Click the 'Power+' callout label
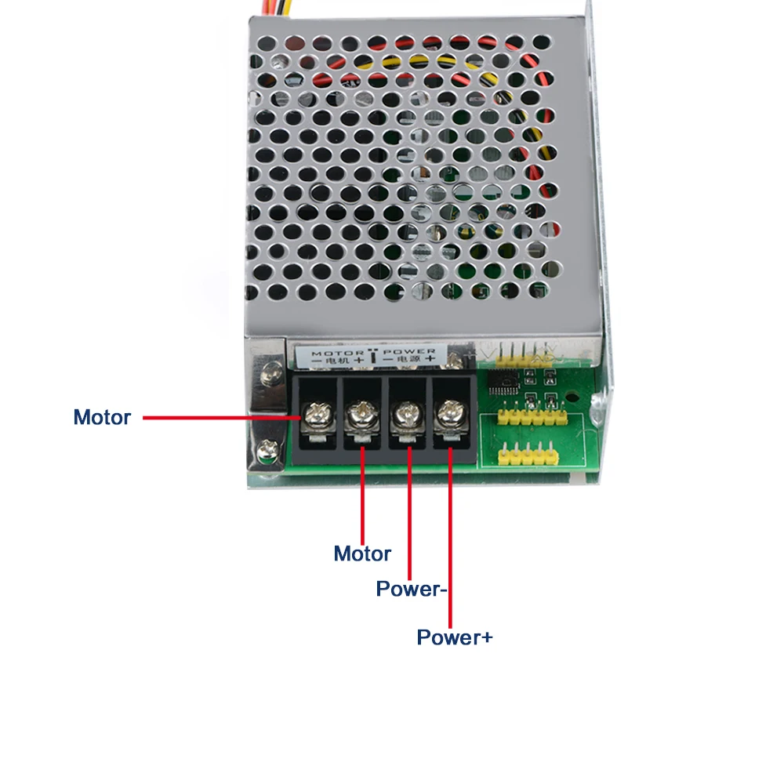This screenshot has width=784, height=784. point(455,637)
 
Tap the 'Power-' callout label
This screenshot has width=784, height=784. point(411,589)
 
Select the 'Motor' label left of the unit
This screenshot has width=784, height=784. point(102,417)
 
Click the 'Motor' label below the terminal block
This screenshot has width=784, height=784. point(362,554)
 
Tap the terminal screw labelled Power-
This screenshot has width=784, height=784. point(406,416)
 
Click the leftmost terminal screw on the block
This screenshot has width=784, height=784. point(317,415)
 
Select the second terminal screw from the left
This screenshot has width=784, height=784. point(361,415)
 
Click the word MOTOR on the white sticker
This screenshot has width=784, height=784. point(337,354)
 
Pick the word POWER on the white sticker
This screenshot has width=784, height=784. point(409,351)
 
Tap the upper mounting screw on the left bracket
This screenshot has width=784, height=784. point(272,372)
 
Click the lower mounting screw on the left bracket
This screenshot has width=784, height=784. point(268,451)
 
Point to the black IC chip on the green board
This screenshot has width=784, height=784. point(504,383)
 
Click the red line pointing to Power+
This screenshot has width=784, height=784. point(451,538)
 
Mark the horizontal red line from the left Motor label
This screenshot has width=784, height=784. point(222,418)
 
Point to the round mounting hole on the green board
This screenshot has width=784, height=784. point(572,398)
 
